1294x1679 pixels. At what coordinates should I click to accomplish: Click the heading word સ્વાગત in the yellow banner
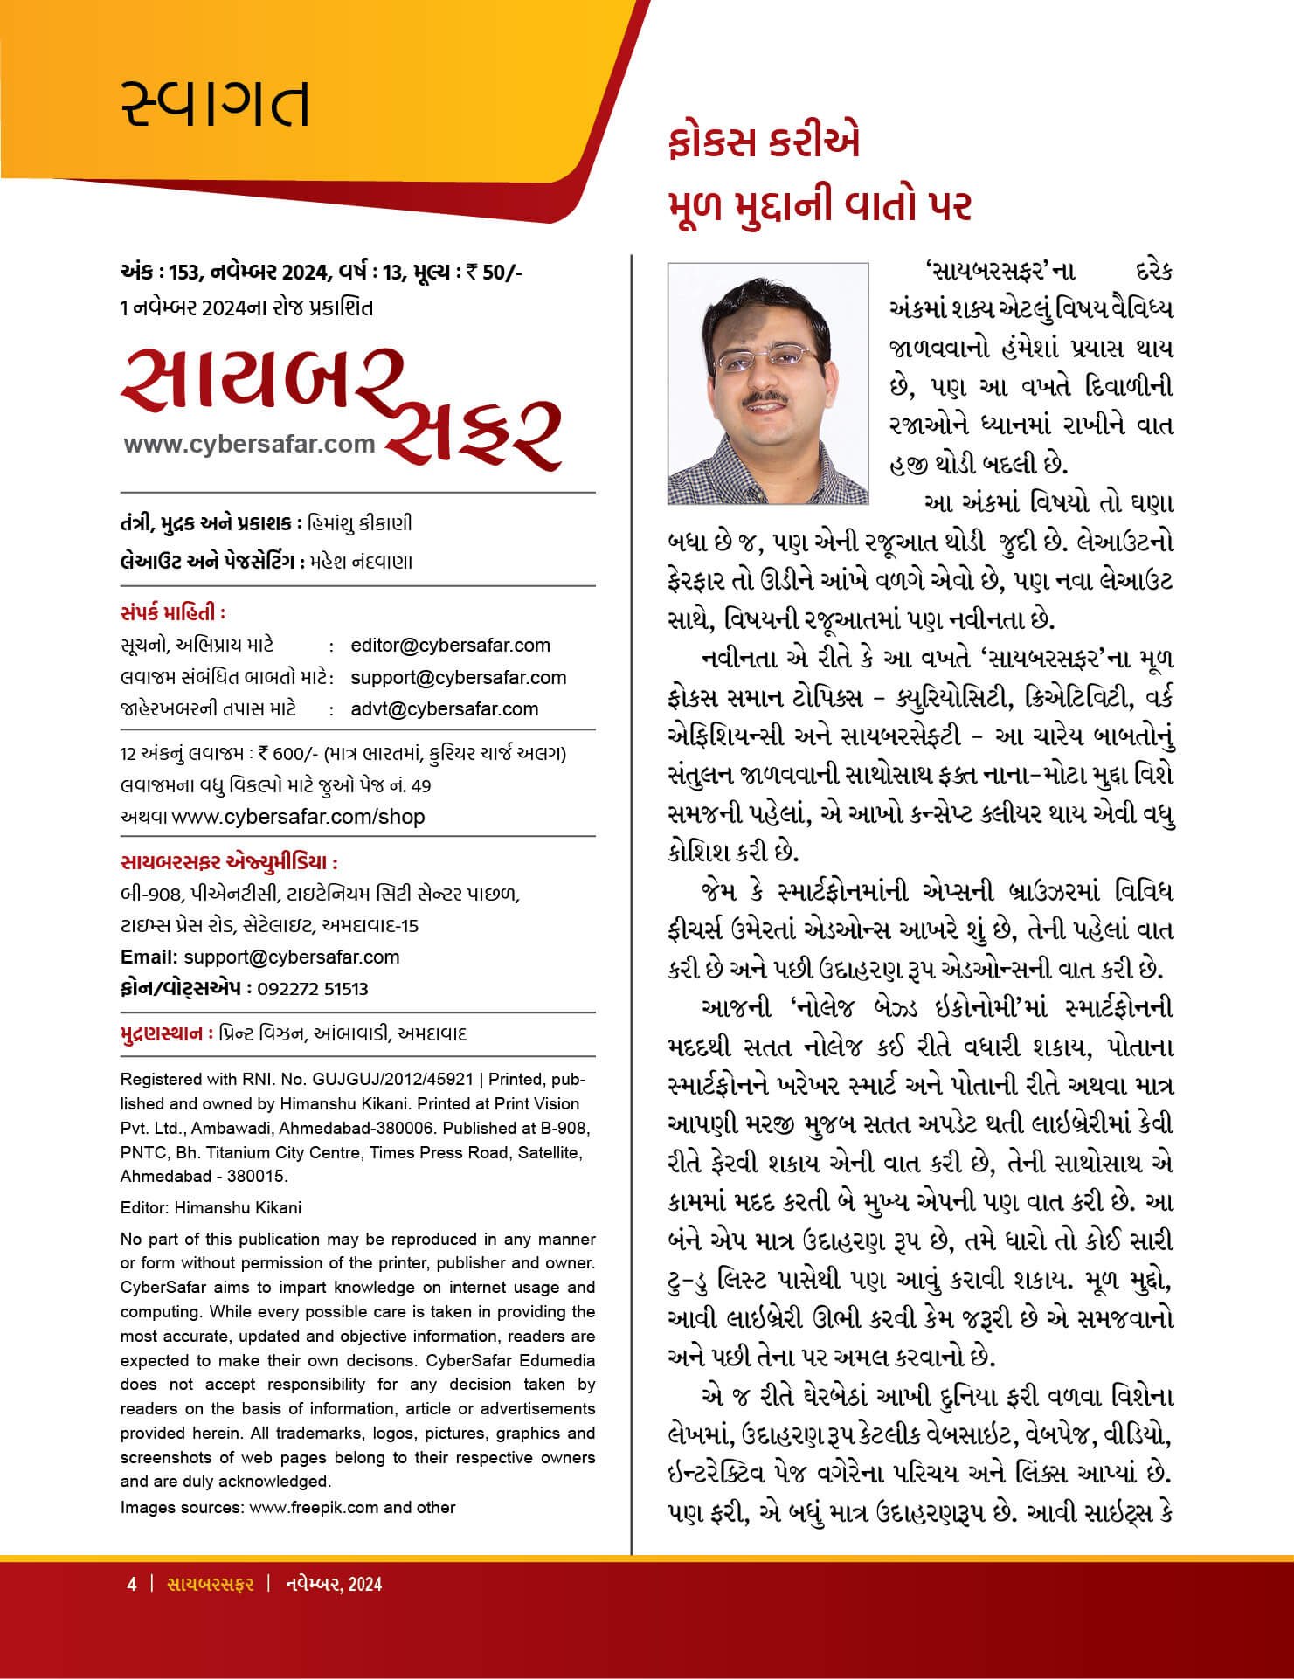point(215,102)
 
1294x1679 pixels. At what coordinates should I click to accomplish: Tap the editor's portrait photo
point(768,383)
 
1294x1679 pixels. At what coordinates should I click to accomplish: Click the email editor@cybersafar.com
point(450,646)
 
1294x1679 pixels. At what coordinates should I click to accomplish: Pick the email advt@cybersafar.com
point(444,708)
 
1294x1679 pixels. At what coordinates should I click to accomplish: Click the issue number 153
point(184,273)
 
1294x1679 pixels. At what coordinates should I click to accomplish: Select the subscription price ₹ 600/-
point(285,754)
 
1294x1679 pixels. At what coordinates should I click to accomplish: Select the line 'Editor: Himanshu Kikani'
point(211,1208)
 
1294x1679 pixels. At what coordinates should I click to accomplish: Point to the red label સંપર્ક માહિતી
point(171,612)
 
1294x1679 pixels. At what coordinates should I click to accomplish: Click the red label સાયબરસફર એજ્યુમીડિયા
point(229,863)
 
